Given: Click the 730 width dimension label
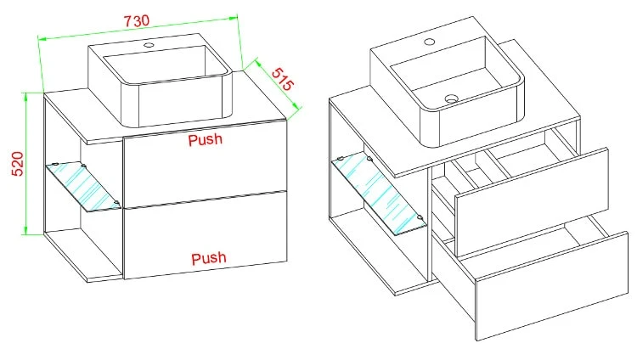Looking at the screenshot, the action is coord(137,20).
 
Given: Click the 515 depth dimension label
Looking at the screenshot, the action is coord(282,79).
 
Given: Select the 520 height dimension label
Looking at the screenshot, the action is coord(18,164).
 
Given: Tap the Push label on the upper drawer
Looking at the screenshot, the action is coord(206,140).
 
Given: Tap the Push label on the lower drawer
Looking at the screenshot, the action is coord(208,258).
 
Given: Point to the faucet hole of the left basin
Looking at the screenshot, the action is coord(149,45).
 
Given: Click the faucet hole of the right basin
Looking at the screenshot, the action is coord(430,42).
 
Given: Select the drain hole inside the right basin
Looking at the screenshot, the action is coord(451,98).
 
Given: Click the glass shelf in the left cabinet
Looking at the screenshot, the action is coord(83,186).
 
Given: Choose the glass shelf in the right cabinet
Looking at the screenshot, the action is coord(379,194).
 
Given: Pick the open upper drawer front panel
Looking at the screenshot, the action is coord(532,201).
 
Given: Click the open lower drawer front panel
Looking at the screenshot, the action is coord(552,286).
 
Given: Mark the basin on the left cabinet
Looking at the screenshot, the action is coord(160,80).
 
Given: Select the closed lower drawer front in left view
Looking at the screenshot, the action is coord(206,235).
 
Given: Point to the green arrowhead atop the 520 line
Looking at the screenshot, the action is coord(26,97).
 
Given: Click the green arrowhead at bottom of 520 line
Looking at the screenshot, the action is coord(25,230).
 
